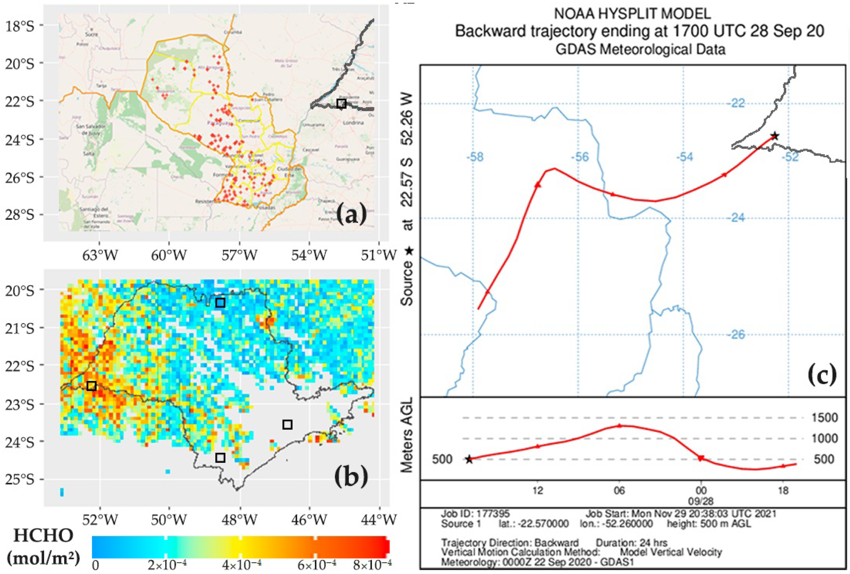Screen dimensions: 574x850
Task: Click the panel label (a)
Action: [x=351, y=215]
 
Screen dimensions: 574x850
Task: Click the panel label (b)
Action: [x=351, y=477]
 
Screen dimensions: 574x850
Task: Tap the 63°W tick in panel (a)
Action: [x=99, y=255]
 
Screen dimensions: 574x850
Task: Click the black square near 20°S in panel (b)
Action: [x=220, y=302]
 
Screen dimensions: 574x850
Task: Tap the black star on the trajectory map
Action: [x=774, y=136]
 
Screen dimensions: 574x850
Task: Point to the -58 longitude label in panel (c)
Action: [x=475, y=157]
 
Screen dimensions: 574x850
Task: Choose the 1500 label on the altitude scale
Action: [x=824, y=418]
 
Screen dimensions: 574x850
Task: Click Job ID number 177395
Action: [x=491, y=514]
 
